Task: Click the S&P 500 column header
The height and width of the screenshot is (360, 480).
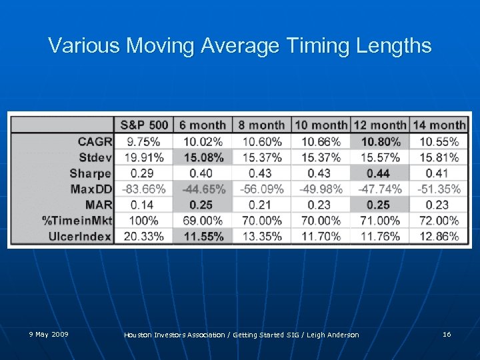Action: coord(143,125)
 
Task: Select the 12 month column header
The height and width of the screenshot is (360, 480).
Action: coord(379,125)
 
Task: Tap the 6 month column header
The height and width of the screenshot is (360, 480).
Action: coord(203,125)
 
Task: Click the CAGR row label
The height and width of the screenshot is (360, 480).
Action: coord(94,141)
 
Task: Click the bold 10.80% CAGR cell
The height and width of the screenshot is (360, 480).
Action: coord(379,141)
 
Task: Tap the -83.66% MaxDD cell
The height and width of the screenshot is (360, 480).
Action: coord(143,189)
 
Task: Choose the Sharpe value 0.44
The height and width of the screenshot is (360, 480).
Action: coord(379,173)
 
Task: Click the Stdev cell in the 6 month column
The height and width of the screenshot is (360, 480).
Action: coord(203,157)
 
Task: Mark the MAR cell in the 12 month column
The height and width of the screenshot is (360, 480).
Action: coord(379,205)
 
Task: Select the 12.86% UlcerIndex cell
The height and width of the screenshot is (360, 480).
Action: coord(438,236)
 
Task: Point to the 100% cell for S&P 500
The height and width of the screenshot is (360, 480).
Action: coord(143,220)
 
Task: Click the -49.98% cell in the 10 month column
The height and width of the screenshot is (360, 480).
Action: coord(321,189)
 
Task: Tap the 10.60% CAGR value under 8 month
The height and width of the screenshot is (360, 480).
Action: coord(262,141)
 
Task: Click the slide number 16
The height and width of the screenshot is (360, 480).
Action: coord(446,334)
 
